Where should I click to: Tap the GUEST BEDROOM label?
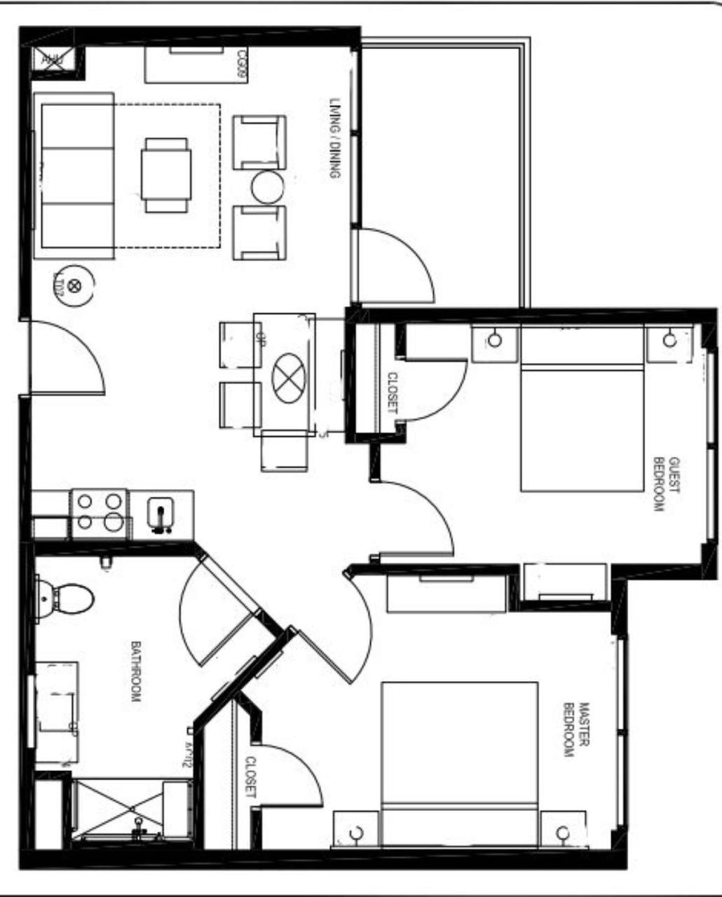667,484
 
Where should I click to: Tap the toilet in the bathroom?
70,599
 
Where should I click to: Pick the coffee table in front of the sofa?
166,174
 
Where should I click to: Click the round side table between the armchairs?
268,187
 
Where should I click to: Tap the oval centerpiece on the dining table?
289,378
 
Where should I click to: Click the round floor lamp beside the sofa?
74,284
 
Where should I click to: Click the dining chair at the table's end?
284,450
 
